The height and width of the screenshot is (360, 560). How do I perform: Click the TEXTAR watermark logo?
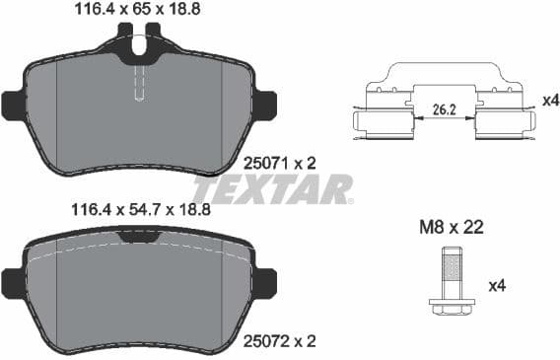click(271, 188)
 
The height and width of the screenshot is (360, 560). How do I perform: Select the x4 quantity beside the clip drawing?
click(545, 100)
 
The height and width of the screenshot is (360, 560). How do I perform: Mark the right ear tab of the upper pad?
click(263, 103)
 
